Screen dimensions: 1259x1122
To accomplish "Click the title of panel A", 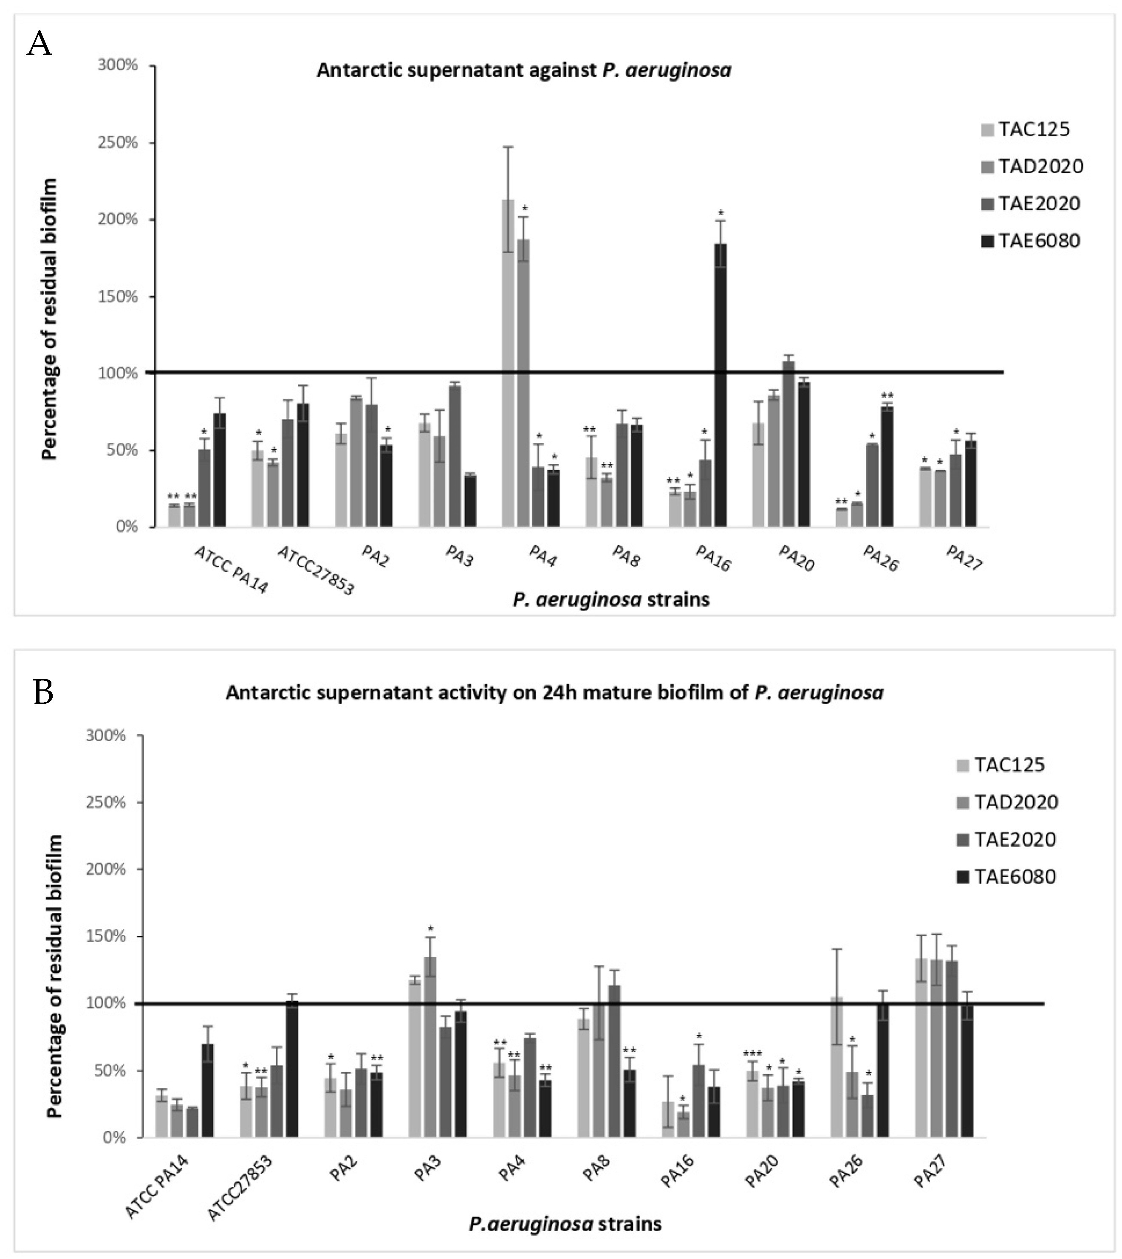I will (524, 70).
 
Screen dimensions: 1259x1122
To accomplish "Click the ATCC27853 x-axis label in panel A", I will (316, 570).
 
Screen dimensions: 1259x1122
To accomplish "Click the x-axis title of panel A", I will (611, 599).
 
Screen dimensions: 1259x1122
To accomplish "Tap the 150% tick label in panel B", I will (108, 937).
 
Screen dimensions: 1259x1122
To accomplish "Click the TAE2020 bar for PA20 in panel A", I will (789, 444).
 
